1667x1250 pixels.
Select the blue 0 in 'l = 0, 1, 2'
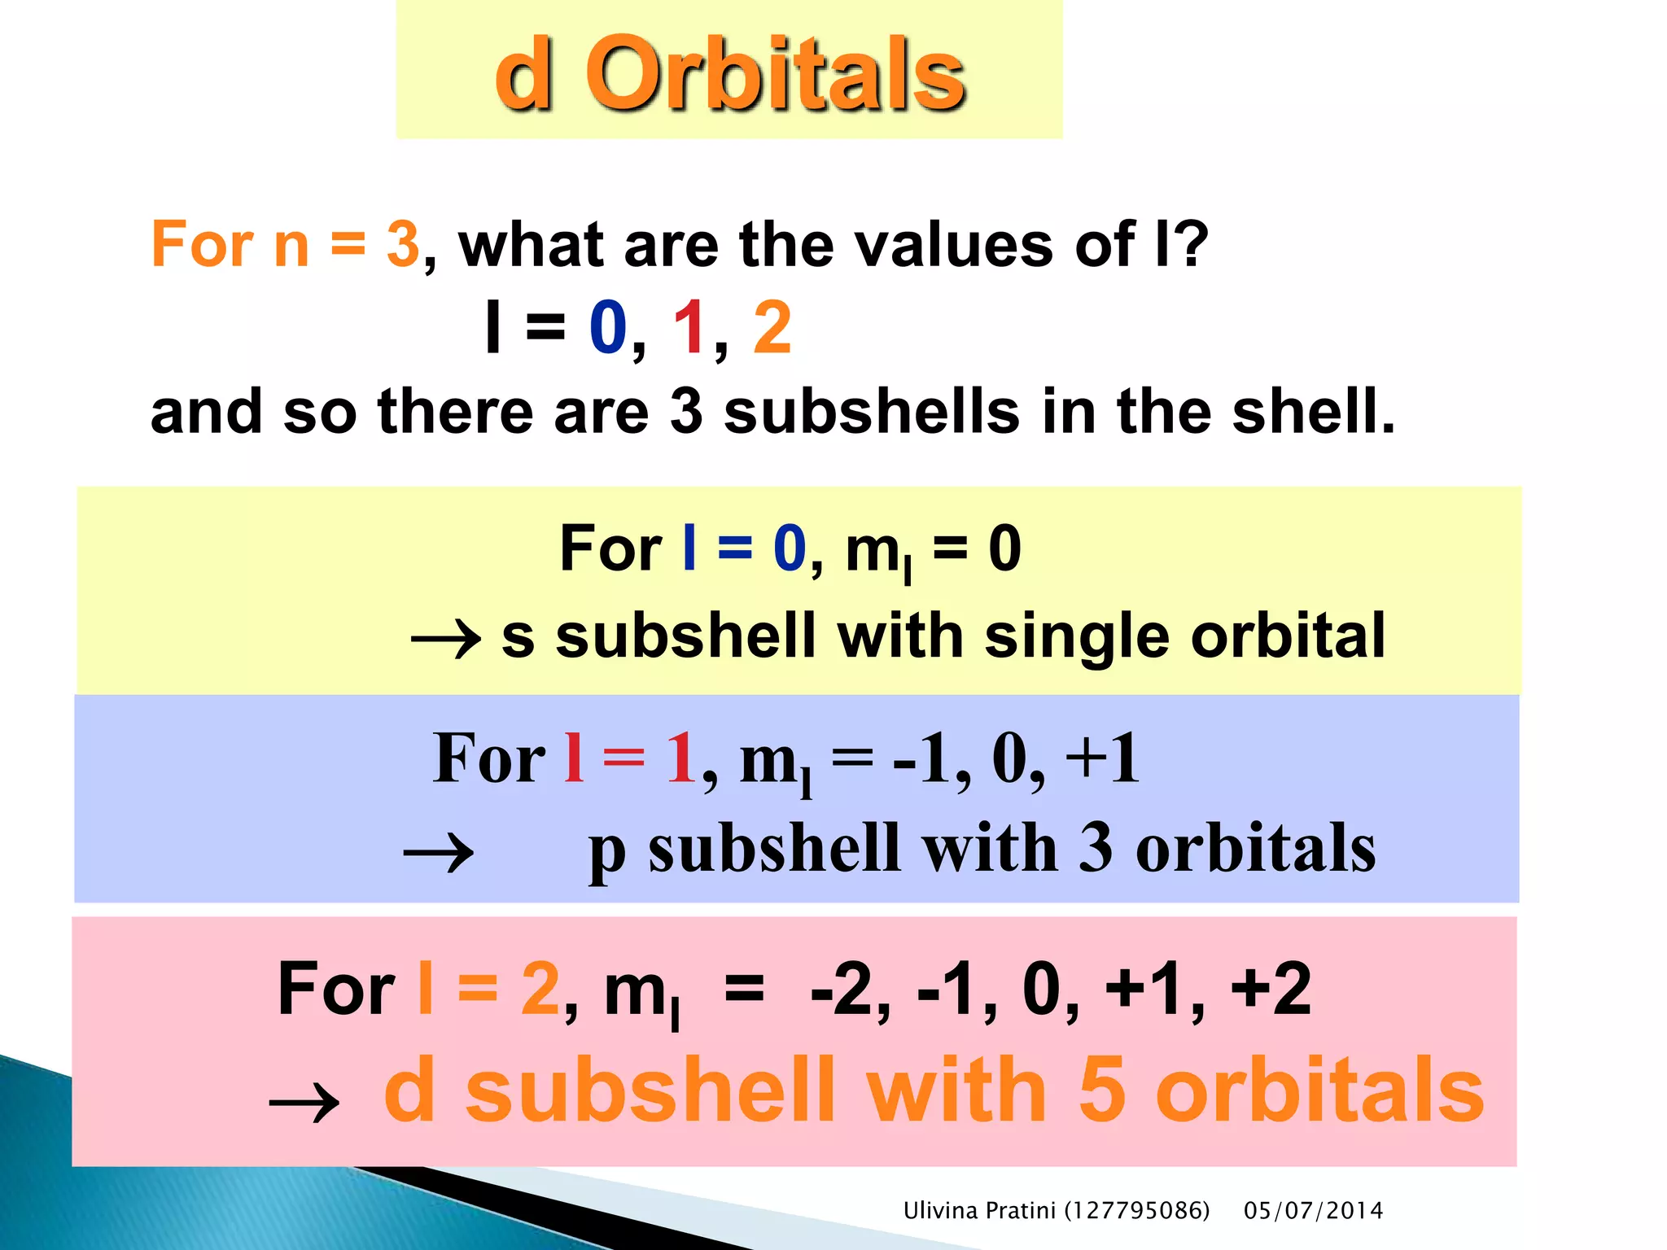608,327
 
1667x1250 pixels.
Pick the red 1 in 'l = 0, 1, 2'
689,327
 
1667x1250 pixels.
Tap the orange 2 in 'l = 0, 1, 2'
772,327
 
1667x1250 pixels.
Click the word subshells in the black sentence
871,411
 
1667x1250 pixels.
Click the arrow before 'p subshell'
439,854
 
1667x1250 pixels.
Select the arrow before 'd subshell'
304,1104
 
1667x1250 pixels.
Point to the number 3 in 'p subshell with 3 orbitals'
1096,848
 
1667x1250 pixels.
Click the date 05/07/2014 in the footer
1313,1211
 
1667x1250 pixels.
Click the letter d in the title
524,75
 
